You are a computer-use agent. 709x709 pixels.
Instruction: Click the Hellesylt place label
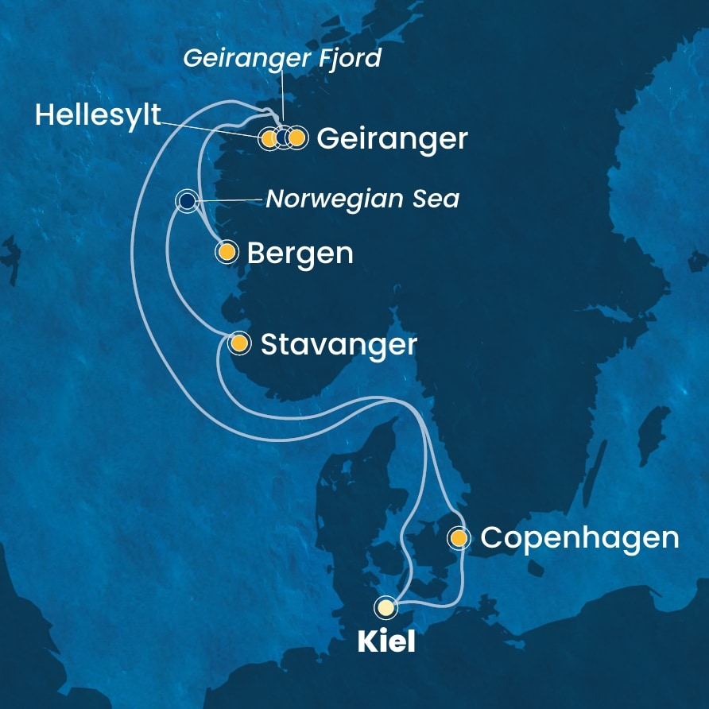(x=98, y=116)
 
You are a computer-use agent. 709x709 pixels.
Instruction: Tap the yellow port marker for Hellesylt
(x=269, y=139)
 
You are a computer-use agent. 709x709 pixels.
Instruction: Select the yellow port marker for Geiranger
(x=296, y=138)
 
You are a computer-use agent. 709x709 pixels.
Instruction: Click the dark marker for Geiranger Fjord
(x=283, y=138)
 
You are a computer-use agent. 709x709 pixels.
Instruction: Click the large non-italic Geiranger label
(x=391, y=139)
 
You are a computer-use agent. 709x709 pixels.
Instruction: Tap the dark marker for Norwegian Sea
(x=186, y=201)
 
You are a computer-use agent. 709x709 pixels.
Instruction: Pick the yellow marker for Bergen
(x=227, y=253)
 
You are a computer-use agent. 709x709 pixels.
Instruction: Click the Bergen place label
(x=300, y=254)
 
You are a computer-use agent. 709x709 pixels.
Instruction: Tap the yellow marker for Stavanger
(x=238, y=343)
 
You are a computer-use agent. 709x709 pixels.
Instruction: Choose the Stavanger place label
(x=339, y=344)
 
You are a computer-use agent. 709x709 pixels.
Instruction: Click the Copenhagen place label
(x=579, y=538)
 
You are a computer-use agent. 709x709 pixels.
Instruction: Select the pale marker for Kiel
(x=386, y=608)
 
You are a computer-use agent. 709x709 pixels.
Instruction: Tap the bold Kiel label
(x=386, y=641)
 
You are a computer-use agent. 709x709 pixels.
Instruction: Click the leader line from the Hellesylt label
(x=211, y=126)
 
